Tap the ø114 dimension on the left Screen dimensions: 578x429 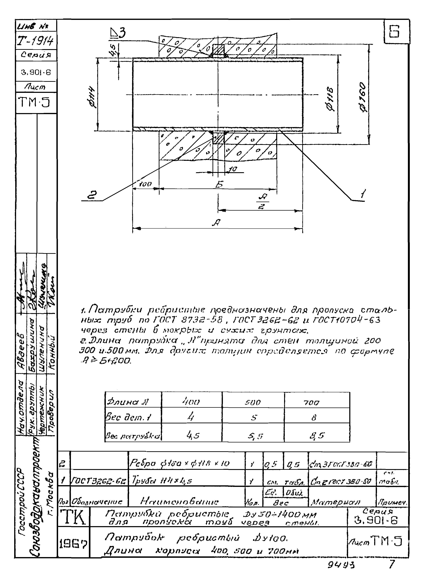(x=91, y=97)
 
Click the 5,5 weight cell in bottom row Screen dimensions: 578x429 (x=255, y=436)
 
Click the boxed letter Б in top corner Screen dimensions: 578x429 (x=394, y=32)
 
